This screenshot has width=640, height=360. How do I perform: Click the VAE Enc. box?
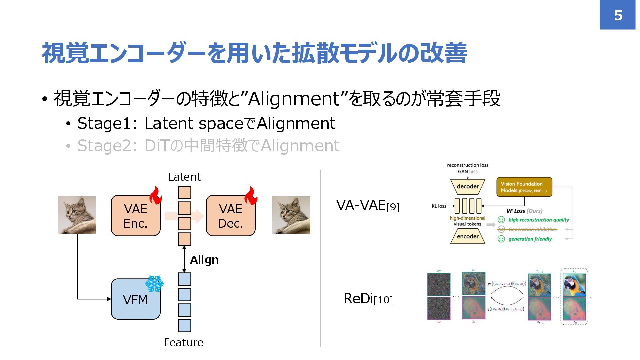coord(135,216)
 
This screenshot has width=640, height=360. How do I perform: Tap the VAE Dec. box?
coord(230,216)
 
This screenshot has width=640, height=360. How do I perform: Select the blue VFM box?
coord(135,299)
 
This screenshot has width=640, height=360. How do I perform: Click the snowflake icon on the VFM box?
coord(154,284)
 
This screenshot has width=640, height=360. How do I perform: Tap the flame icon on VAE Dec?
coord(251,195)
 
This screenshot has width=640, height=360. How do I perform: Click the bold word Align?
coord(204,260)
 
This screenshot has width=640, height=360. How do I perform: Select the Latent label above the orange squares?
coord(184,177)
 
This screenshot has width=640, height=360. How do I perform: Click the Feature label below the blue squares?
coord(183,342)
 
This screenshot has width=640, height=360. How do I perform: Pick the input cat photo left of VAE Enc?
coord(77,215)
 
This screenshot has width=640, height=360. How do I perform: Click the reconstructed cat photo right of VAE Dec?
coord(291,215)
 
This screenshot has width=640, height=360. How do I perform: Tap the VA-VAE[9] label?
coord(368,206)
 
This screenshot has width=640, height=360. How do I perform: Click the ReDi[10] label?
coord(368,299)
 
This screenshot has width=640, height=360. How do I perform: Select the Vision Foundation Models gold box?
coord(524,187)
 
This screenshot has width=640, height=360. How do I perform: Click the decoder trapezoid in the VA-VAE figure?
coord(467,187)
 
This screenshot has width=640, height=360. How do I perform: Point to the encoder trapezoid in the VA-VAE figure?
coord(467,236)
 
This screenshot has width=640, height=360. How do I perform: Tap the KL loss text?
coord(439,206)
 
